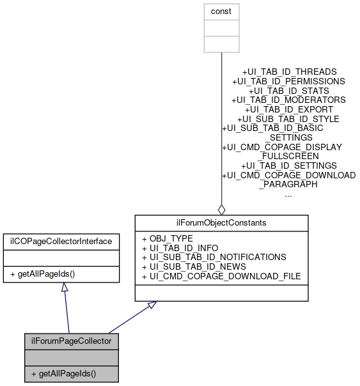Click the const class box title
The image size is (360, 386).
click(x=221, y=12)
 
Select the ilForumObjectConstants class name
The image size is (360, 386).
click(x=221, y=222)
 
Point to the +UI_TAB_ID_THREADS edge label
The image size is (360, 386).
click(x=290, y=72)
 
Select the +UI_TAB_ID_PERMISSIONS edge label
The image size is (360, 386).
click(x=290, y=82)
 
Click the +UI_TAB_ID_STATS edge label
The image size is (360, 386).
click(x=290, y=91)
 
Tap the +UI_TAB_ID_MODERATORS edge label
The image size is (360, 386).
click(x=289, y=100)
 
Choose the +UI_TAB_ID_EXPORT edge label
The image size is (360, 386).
click(x=290, y=110)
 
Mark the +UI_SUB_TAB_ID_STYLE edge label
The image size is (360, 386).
click(x=289, y=119)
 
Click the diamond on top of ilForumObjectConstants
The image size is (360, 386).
click(x=221, y=208)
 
